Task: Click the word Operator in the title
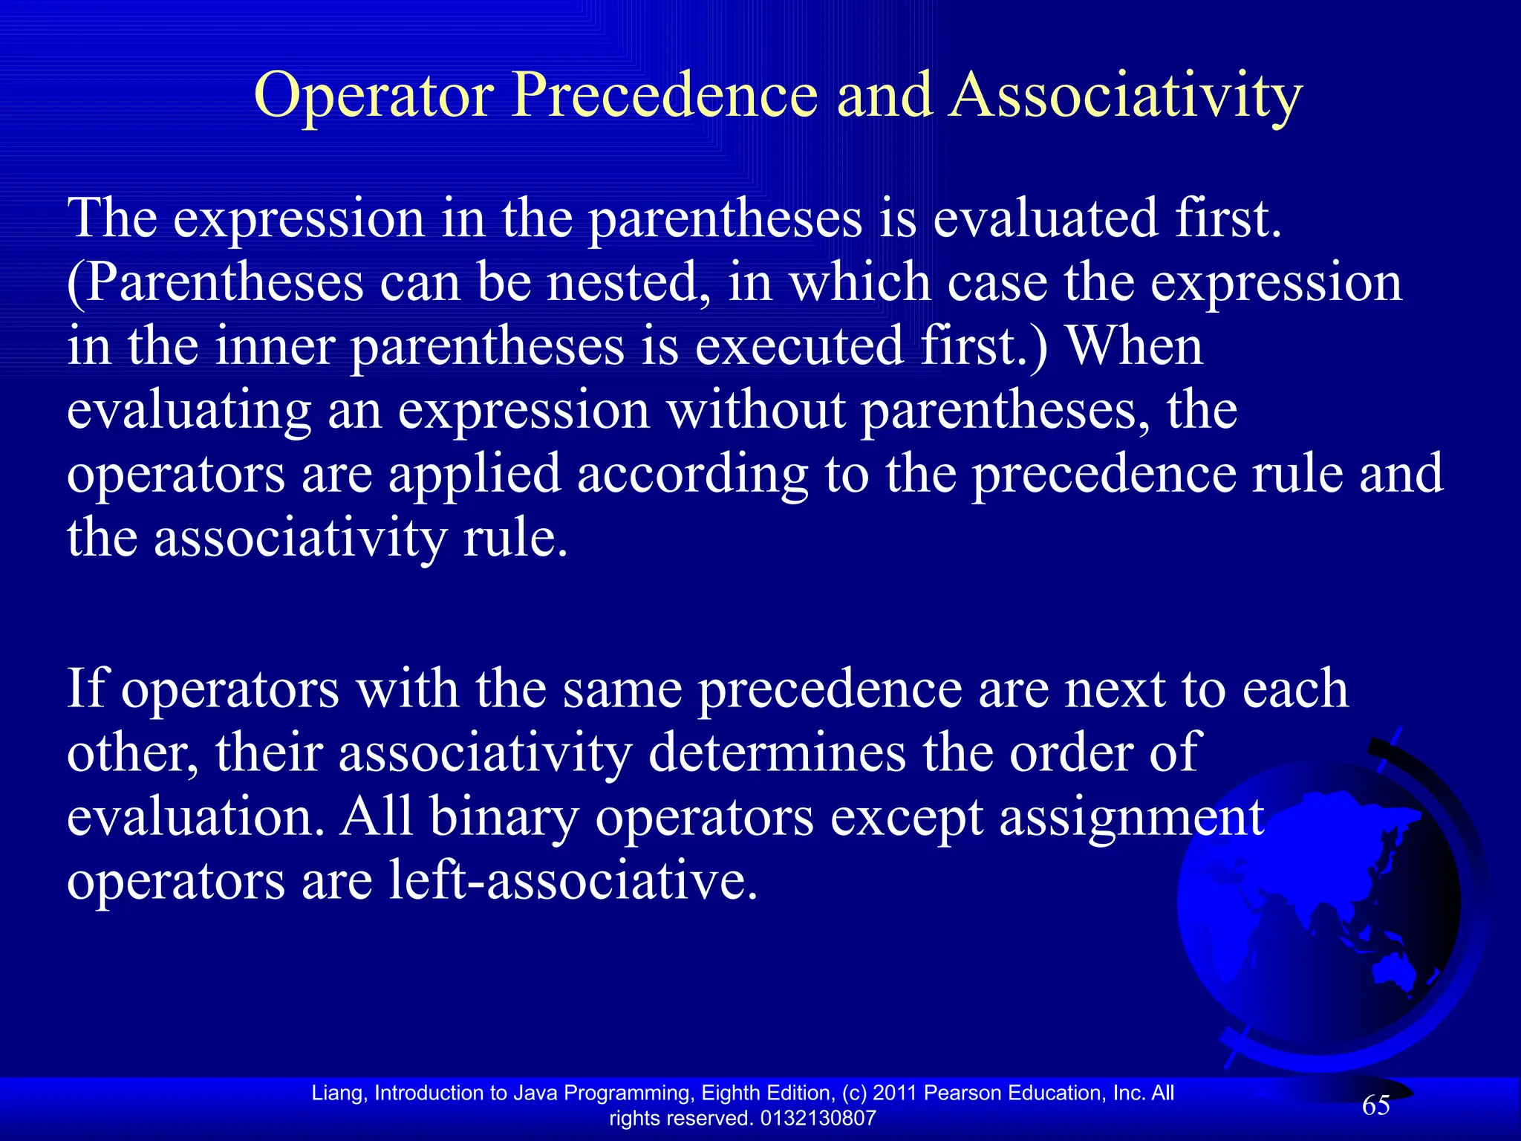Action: tap(374, 97)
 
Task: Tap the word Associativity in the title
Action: tap(1125, 97)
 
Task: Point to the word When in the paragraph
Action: tap(1133, 347)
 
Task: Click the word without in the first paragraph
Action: tap(755, 411)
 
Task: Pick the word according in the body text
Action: tap(692, 475)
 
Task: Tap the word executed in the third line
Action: tap(799, 347)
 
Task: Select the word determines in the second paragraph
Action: tap(777, 752)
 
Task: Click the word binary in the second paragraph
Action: tap(504, 817)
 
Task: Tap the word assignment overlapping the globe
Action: tap(1131, 817)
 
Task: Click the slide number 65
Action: tap(1375, 1105)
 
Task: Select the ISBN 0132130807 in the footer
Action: tap(818, 1118)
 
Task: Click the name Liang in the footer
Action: tap(337, 1093)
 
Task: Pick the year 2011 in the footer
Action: tap(895, 1093)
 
